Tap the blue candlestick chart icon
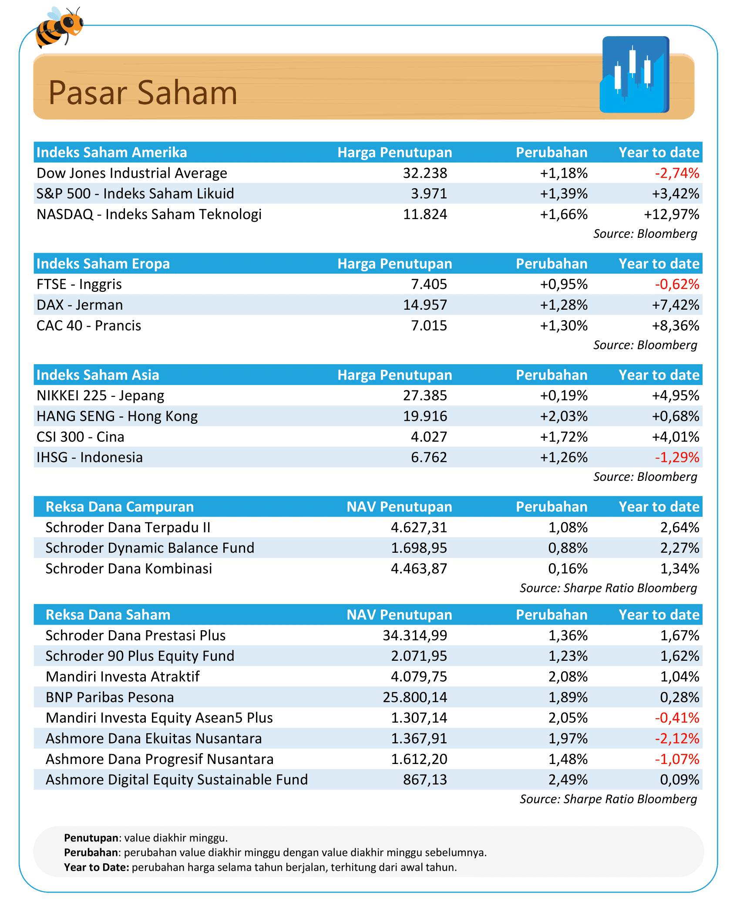[x=635, y=75]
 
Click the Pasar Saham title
[x=143, y=93]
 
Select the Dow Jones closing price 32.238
[x=425, y=173]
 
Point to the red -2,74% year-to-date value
[x=677, y=173]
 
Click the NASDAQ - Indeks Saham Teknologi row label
[x=149, y=214]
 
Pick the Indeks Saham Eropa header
[x=103, y=264]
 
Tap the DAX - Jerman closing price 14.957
[x=425, y=305]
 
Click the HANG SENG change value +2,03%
[x=564, y=416]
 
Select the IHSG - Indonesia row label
[x=90, y=457]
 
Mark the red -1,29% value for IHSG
[x=677, y=457]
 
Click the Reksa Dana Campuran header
[x=120, y=507]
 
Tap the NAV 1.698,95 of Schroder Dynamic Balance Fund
[x=419, y=548]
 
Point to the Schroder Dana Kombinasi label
[x=129, y=569]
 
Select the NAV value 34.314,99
[x=415, y=636]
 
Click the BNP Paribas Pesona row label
[x=110, y=697]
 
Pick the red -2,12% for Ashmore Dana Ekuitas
[x=677, y=739]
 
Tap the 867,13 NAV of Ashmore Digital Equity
[x=425, y=780]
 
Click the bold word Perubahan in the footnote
[x=91, y=852]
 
